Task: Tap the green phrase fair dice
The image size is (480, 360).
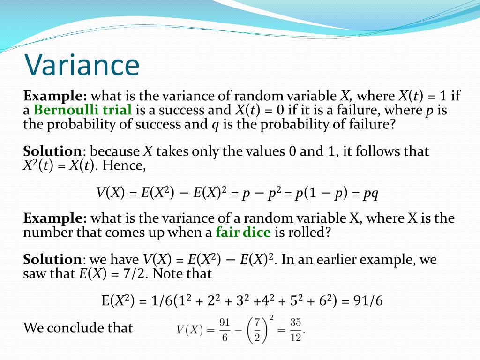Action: pyautogui.click(x=243, y=232)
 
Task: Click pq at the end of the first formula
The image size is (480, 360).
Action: pyautogui.click(x=371, y=193)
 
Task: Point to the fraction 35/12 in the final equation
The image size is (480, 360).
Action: pyautogui.click(x=295, y=330)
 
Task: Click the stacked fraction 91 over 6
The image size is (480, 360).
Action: pyautogui.click(x=225, y=330)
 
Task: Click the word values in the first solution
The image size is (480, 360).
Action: pyautogui.click(x=262, y=152)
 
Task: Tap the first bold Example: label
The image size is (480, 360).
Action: pyautogui.click(x=55, y=96)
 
